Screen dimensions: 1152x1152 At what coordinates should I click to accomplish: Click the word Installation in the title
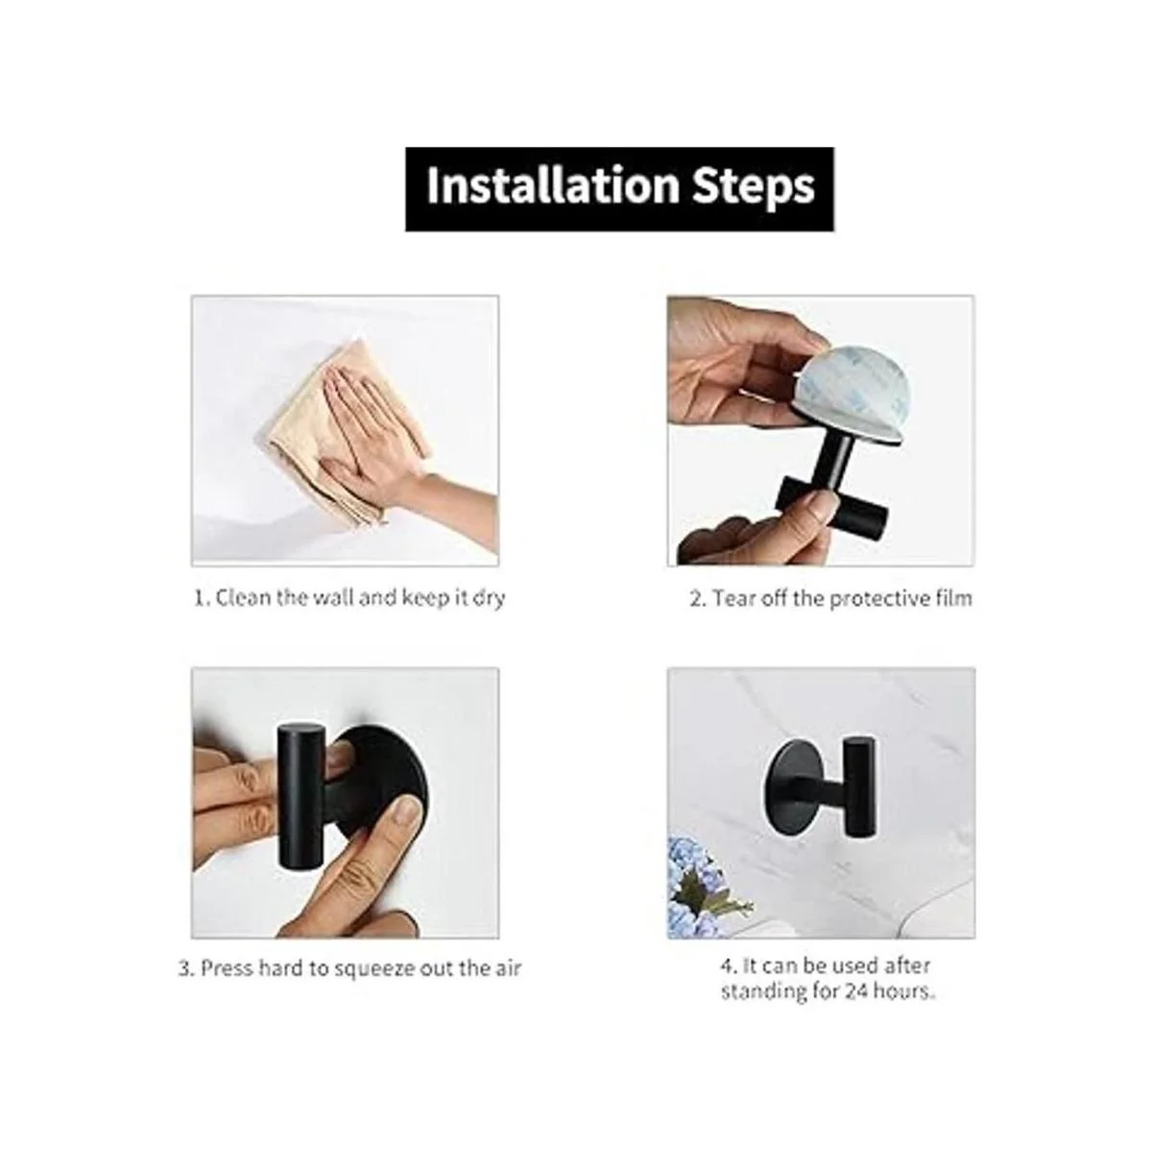coord(553,185)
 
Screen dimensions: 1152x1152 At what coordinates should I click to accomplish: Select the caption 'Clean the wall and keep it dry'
coord(349,597)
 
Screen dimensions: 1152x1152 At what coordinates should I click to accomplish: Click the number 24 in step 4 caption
coord(855,991)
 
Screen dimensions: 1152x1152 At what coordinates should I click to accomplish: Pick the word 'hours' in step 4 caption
coord(902,991)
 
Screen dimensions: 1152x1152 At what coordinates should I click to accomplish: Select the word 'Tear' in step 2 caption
coord(732,598)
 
